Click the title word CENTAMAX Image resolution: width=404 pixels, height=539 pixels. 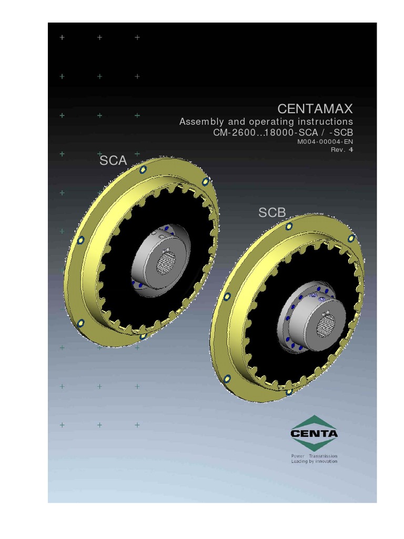coord(315,109)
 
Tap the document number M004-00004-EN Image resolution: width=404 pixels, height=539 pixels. coord(325,142)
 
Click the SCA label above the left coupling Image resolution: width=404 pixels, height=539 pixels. coord(113,161)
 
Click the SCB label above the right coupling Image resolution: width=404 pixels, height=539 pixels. coord(271,213)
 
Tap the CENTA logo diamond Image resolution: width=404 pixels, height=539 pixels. coord(315,433)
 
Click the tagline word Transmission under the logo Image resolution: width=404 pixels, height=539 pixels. coord(323,455)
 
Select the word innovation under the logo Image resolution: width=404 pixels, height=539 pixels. coord(325,461)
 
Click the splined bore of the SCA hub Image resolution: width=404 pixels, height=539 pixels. coord(166,262)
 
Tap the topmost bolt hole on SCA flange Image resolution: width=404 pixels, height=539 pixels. coord(143,169)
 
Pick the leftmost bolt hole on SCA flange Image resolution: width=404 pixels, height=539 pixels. coord(80,240)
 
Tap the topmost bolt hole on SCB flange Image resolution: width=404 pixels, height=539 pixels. coord(289,226)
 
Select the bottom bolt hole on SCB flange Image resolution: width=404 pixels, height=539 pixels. coord(288,392)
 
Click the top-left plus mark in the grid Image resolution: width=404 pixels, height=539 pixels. coord(62,37)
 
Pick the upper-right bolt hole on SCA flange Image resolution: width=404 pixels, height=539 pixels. coord(206,182)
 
